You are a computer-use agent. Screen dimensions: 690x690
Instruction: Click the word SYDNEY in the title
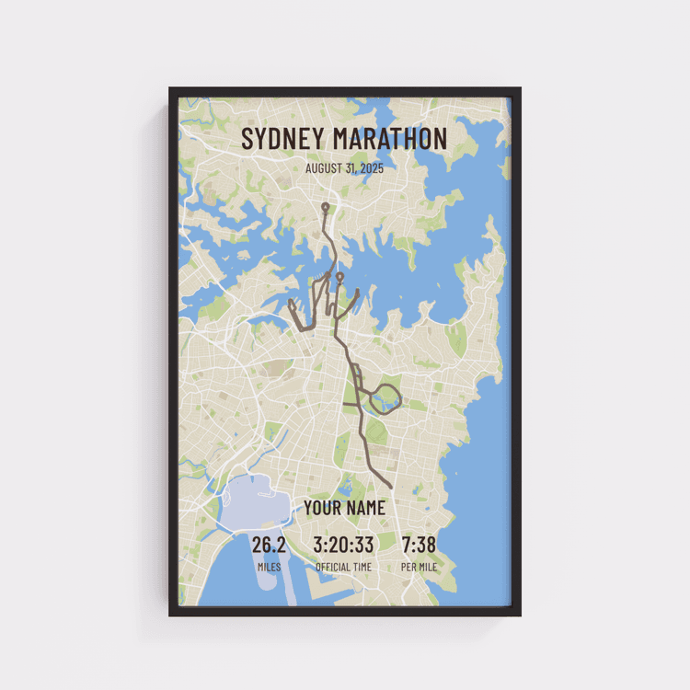coord(283,140)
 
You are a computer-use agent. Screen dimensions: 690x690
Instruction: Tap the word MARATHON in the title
coord(390,140)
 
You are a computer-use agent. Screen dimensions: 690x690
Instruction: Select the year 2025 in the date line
coord(372,169)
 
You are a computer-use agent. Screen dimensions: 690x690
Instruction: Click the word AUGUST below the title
coord(324,169)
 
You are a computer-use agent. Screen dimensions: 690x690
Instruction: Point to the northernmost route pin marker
coord(325,207)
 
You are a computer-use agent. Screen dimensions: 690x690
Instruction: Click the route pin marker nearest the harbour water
coord(339,276)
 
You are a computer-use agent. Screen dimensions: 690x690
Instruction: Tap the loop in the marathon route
coord(385,398)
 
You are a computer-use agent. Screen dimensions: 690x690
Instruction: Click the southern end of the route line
coord(392,487)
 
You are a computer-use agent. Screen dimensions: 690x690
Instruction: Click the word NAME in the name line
coord(366,508)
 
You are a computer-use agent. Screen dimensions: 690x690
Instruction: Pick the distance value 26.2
coord(269,545)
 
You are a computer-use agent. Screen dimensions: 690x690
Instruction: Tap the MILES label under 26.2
coord(269,567)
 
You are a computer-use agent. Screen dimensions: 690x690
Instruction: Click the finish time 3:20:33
coord(344,545)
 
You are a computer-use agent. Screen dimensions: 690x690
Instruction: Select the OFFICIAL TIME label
coord(344,567)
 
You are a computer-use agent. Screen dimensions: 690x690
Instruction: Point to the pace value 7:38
coord(419,545)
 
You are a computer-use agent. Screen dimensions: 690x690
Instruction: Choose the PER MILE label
coord(419,567)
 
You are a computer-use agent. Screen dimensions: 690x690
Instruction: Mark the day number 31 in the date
coord(348,169)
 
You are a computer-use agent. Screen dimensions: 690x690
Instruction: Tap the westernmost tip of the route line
coord(291,302)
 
